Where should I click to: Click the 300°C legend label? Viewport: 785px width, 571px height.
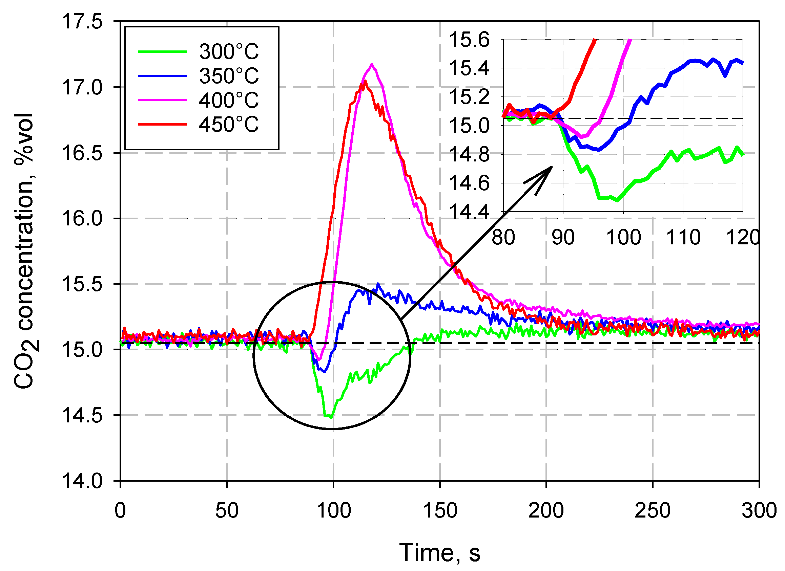(229, 51)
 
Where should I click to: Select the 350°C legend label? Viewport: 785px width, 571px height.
(229, 76)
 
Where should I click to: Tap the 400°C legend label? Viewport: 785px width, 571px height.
(229, 100)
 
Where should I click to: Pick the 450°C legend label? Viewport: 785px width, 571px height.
(229, 124)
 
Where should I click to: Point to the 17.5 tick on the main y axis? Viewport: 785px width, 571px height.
(82, 21)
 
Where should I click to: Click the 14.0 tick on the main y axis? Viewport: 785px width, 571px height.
(82, 481)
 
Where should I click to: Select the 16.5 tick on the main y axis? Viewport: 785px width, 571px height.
(82, 153)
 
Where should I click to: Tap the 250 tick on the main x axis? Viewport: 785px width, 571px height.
(653, 510)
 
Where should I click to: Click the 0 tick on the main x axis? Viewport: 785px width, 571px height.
(120, 510)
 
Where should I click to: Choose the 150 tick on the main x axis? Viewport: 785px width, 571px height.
(440, 510)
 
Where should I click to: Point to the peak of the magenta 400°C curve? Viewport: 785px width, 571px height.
(372, 64)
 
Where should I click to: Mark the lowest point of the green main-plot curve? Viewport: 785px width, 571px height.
(331, 418)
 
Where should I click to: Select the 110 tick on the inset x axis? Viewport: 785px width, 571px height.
(683, 238)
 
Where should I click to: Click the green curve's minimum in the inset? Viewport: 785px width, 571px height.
(618, 200)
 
